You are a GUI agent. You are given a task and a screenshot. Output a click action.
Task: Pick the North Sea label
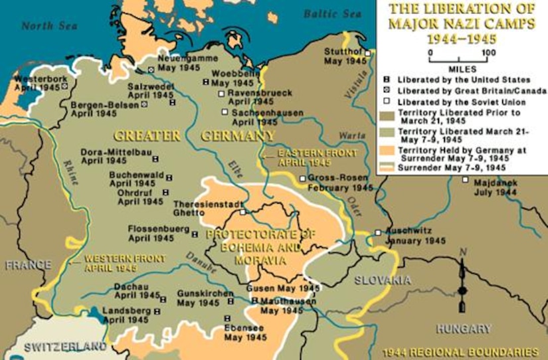pos(45,26)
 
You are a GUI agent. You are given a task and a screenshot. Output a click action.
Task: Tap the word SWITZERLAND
pos(65,347)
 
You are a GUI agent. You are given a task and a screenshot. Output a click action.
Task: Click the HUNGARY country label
pos(464,328)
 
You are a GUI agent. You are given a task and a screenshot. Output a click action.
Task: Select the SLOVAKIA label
pos(382,280)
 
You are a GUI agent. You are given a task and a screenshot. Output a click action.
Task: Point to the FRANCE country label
pos(28,264)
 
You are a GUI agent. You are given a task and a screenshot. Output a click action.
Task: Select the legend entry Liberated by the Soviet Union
pos(461,102)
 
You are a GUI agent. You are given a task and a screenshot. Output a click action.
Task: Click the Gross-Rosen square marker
pos(302,179)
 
